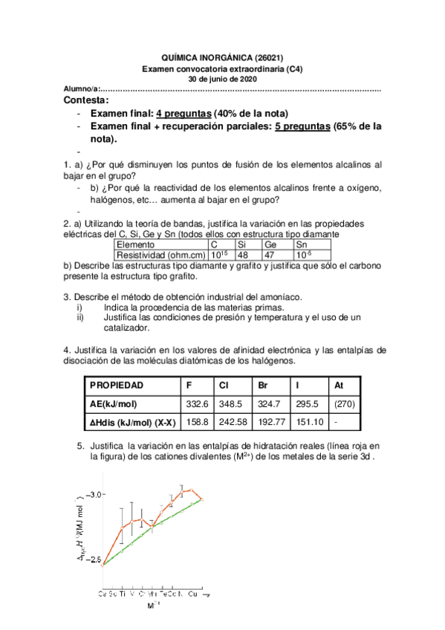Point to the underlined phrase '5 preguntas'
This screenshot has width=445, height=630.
[x=302, y=126]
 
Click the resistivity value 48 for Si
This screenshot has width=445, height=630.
[x=241, y=254]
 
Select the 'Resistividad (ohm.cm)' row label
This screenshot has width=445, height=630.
[x=159, y=254]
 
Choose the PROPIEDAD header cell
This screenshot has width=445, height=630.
[x=117, y=386]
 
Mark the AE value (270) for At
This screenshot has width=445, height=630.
[x=344, y=404]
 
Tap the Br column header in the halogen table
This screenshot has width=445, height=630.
[x=263, y=386]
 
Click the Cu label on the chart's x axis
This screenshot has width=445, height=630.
[x=193, y=594]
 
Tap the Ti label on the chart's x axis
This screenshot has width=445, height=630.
[x=123, y=594]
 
